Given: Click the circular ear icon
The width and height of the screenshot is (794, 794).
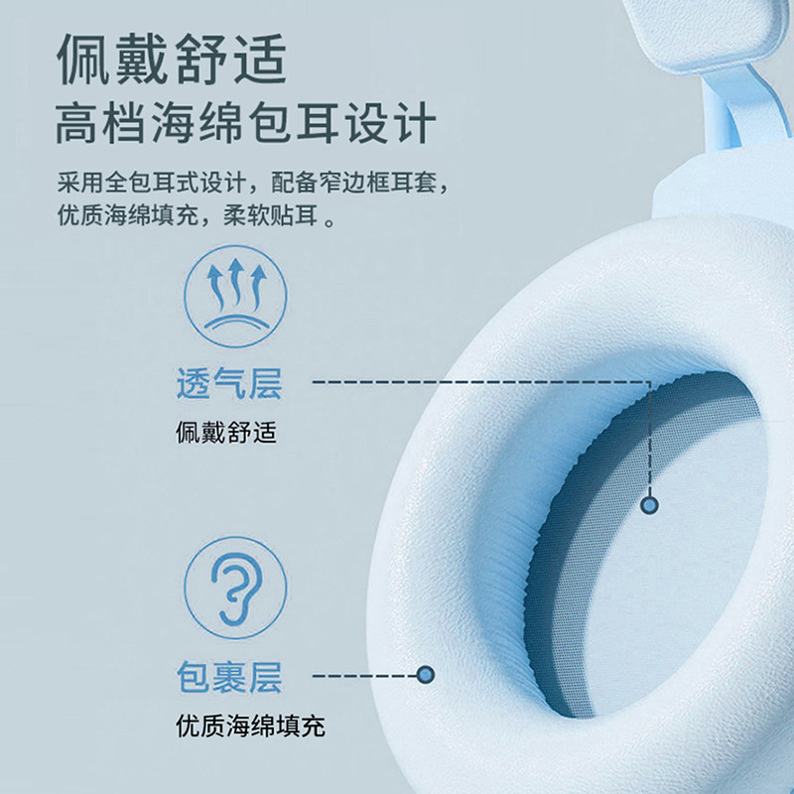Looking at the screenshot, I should click(x=235, y=588).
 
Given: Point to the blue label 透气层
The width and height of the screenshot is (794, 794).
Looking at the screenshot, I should click(x=228, y=383).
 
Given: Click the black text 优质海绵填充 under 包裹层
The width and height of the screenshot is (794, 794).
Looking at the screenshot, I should click(x=249, y=727).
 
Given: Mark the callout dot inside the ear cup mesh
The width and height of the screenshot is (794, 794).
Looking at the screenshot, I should click(x=650, y=504).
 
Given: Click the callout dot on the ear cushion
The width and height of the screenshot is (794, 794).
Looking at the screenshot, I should click(x=426, y=675).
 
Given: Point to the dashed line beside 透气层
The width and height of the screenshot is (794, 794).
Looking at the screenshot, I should click(x=476, y=381).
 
